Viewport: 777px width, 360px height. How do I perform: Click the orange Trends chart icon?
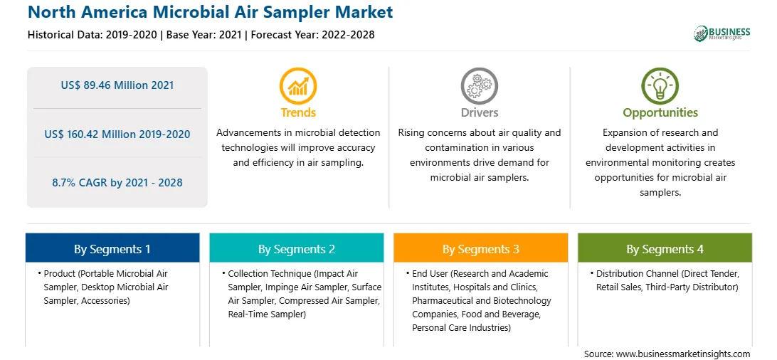(298, 85)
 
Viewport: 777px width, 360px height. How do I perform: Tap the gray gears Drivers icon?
(479, 85)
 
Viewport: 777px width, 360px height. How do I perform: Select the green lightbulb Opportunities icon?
(660, 85)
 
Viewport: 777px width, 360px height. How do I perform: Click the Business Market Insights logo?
(722, 33)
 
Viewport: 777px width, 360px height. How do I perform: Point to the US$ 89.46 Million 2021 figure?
(117, 85)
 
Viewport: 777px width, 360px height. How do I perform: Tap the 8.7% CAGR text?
(81, 183)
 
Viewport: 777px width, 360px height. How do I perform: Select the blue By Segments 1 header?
(112, 248)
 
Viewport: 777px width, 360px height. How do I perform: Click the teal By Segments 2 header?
(296, 248)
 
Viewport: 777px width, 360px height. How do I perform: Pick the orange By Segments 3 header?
(481, 248)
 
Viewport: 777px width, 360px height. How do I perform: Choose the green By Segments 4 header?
(665, 248)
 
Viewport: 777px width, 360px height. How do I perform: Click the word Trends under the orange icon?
(298, 112)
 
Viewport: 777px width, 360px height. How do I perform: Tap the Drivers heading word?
(479, 112)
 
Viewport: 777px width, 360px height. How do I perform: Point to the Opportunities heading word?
(660, 113)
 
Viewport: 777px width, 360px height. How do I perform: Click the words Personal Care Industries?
(461, 327)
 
